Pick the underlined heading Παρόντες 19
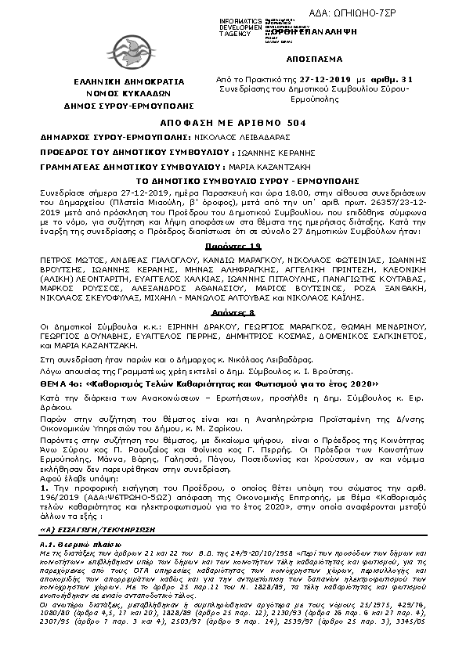(x=232, y=246)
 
